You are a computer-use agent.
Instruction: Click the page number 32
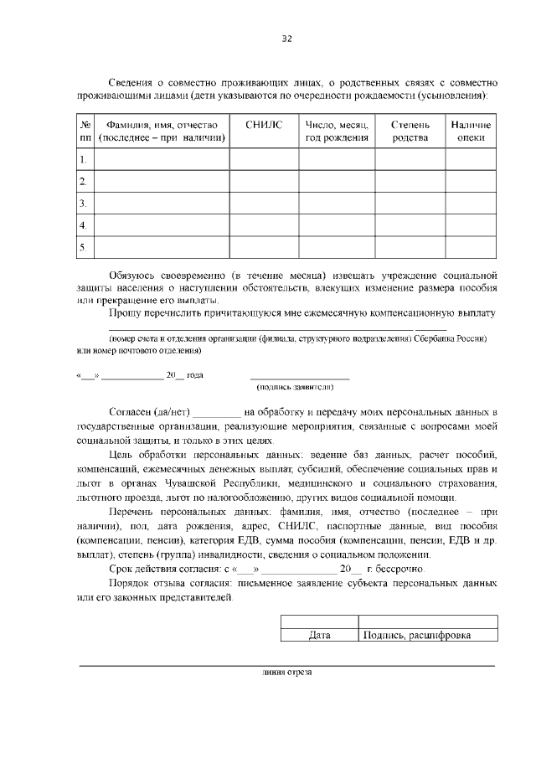(286, 39)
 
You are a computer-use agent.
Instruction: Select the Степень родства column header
(410, 131)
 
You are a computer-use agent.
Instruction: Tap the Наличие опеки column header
(472, 131)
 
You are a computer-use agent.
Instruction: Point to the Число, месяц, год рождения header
(337, 131)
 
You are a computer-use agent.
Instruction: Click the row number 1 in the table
(83, 159)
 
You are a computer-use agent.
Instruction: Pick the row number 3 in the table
(83, 204)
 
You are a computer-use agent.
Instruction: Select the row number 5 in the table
(83, 247)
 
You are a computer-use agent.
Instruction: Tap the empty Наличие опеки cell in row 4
(472, 225)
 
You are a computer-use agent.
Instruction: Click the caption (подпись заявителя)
(295, 387)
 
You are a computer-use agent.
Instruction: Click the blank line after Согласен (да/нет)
(217, 413)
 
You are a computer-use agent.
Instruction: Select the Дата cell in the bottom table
(319, 635)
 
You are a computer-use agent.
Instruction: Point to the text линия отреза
(286, 672)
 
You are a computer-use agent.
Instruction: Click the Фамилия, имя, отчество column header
(162, 131)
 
